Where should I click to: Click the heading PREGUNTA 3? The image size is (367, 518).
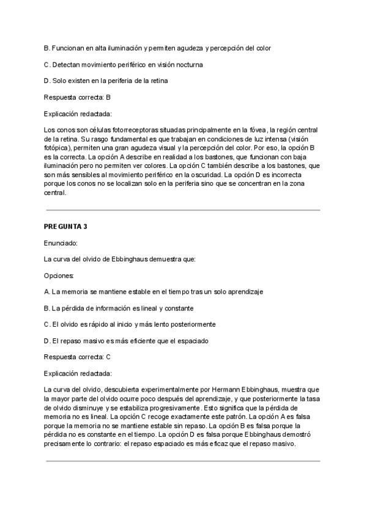(x=65, y=227)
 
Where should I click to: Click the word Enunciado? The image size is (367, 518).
(x=60, y=243)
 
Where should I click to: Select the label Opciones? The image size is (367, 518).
(x=59, y=275)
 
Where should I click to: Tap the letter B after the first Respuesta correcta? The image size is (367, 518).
(x=108, y=97)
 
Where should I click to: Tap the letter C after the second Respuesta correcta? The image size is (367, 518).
(x=108, y=356)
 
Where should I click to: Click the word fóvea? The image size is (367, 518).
(x=259, y=129)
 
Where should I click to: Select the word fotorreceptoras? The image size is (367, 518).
(x=128, y=129)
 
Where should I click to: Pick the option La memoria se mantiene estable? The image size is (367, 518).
(x=154, y=292)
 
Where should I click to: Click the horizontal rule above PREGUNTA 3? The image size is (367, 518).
(x=183, y=210)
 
